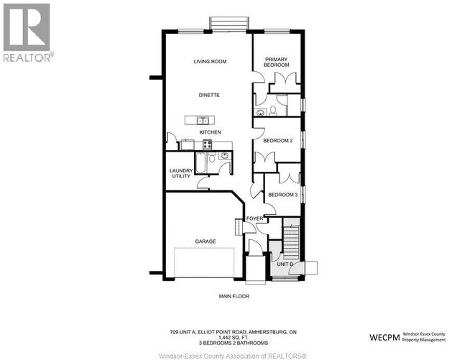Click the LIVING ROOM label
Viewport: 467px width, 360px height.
click(x=210, y=62)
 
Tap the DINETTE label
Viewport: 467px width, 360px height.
click(x=210, y=95)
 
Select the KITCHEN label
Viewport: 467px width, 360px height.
click(x=210, y=132)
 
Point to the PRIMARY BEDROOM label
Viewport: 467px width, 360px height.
click(x=277, y=63)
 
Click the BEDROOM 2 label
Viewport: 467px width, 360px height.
click(x=277, y=141)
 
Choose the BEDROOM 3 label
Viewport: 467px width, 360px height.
click(x=282, y=195)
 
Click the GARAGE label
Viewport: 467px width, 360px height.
click(x=205, y=241)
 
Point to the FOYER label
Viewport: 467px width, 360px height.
click(x=254, y=218)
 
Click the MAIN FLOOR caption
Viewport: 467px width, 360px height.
click(x=234, y=295)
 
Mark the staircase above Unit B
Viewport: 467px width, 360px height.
click(x=290, y=239)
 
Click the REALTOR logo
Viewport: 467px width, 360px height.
click(x=27, y=32)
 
